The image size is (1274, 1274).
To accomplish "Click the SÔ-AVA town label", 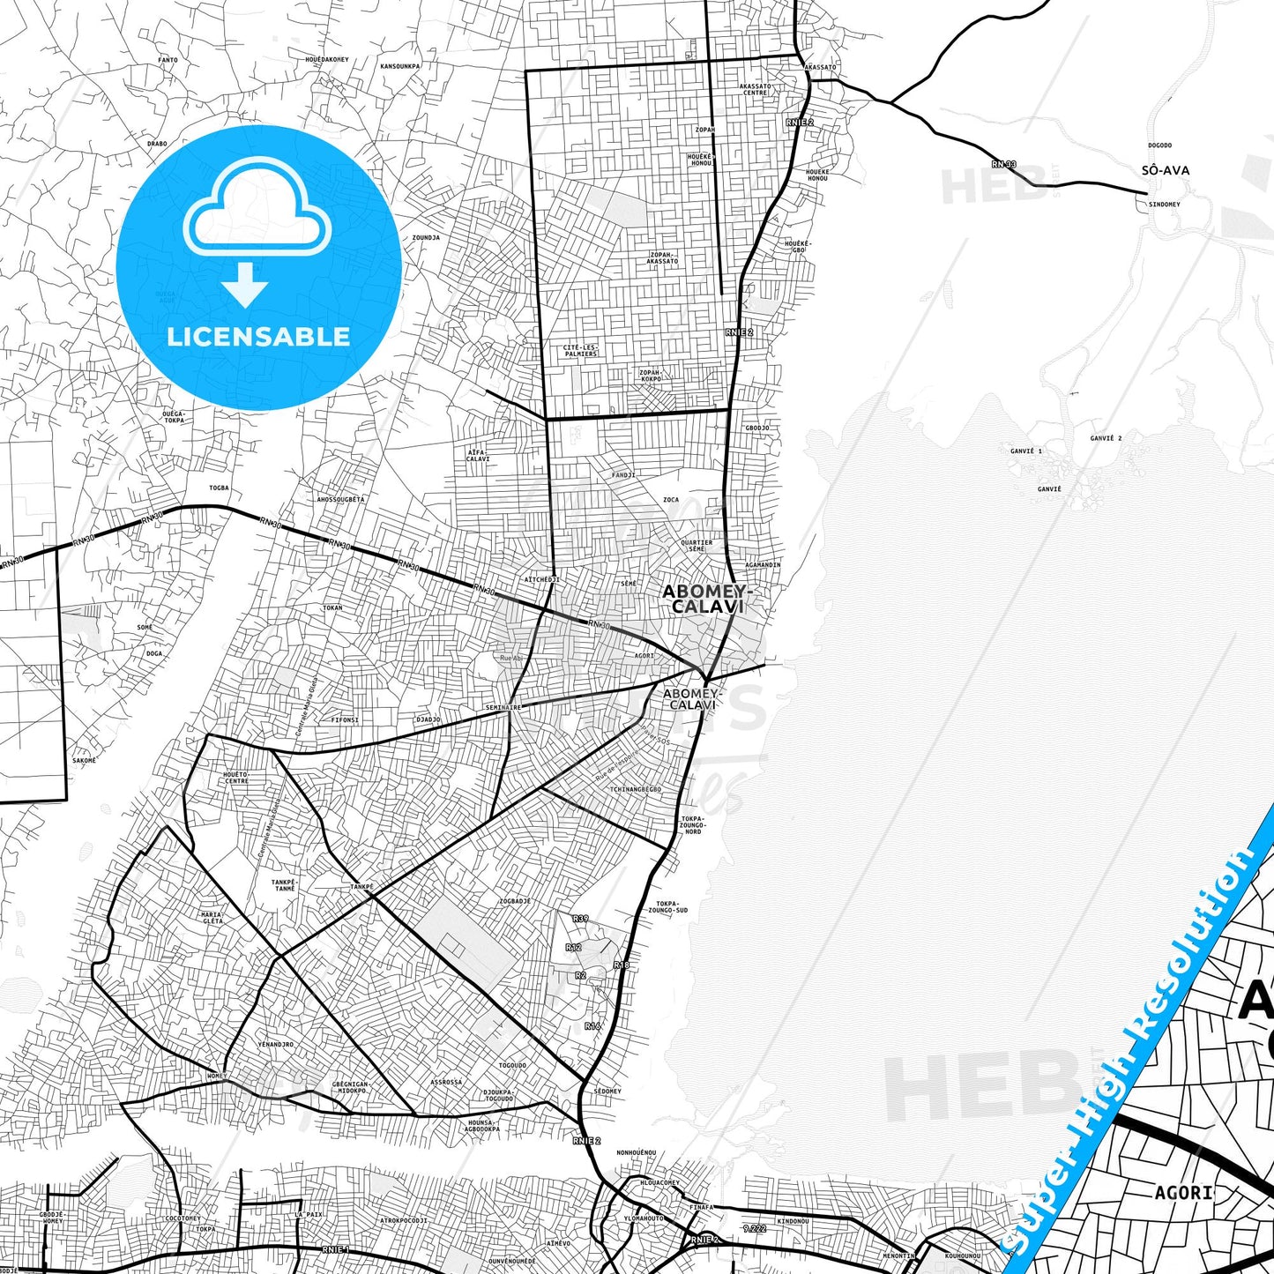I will coord(1165,170).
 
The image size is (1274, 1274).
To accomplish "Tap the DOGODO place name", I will coord(1159,145).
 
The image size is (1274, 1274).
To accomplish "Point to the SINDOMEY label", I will coord(1164,205).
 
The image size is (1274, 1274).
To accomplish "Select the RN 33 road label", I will coord(1003,164).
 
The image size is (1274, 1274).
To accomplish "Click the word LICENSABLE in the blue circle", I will coord(258,337).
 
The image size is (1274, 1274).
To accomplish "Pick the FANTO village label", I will coord(168,61).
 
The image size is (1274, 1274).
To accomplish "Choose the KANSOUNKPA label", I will coord(399,66).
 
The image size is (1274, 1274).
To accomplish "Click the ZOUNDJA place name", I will coord(426,238).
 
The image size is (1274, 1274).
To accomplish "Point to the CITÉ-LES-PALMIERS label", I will coord(579,351).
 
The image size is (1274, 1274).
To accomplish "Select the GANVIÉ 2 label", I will coord(1106,438).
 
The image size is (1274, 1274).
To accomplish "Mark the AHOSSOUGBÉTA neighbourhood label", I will coord(340,499).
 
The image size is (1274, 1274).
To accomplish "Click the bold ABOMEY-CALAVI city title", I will coord(704,599).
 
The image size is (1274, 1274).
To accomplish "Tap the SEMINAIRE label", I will coord(503,707).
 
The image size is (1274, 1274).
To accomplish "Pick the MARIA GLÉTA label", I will coord(212,918).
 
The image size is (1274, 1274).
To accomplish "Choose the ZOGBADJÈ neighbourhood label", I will coord(515,901).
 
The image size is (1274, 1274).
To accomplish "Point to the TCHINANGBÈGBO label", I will coord(636,789).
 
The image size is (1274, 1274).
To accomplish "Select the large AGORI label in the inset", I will coord(1183,1193).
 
